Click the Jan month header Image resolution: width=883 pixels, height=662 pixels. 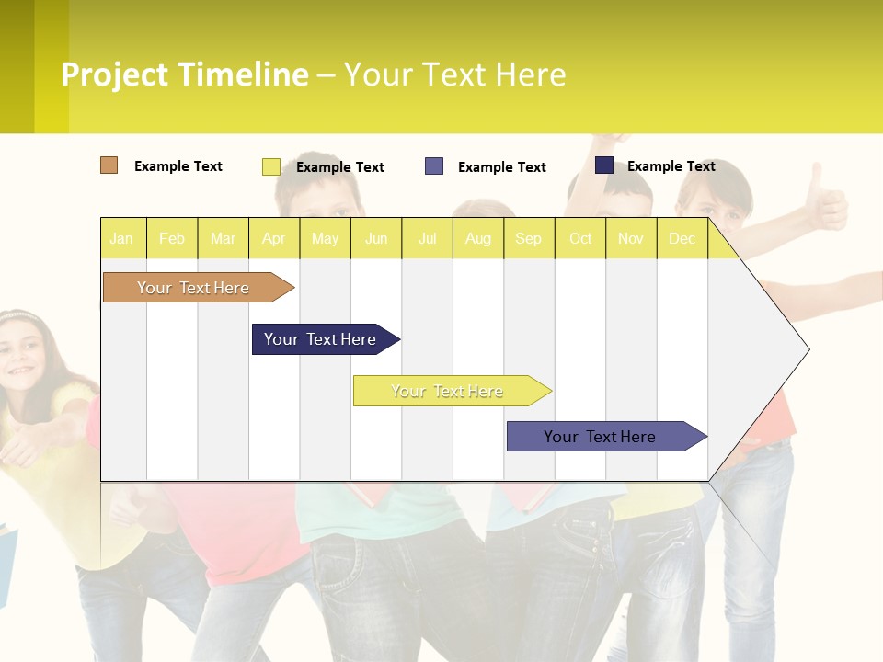122,238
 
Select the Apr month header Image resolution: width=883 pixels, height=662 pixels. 274,238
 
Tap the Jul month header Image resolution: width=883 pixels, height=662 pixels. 427,238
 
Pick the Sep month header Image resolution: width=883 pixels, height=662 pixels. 528,238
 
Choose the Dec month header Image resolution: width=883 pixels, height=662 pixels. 682,238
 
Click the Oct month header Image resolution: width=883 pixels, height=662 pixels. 580,238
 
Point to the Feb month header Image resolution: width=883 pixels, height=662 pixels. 172,238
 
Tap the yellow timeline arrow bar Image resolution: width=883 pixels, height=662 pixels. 448,391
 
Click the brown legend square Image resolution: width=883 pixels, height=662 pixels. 109,165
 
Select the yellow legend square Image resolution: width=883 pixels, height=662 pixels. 271,166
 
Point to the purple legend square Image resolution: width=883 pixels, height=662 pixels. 434,166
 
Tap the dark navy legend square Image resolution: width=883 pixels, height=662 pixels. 604,165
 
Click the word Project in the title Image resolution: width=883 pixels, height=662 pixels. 114,74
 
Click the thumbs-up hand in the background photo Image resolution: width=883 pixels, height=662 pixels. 828,202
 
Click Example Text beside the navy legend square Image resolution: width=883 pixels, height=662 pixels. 671,166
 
